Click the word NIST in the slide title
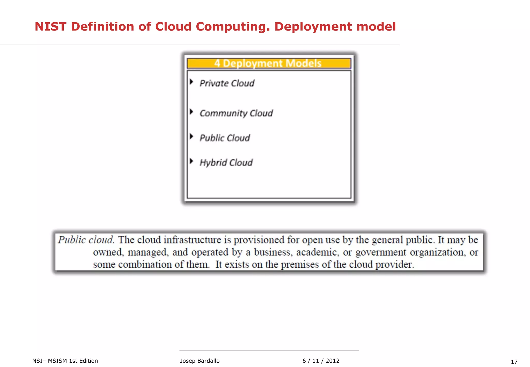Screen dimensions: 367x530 [x=50, y=27]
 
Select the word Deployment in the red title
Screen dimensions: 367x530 [x=313, y=27]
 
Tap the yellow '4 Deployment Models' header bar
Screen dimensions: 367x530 [x=269, y=63]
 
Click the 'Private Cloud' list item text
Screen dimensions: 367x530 [x=227, y=83]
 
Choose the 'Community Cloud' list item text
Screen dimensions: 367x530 [x=236, y=113]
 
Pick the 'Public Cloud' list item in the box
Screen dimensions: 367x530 [x=225, y=138]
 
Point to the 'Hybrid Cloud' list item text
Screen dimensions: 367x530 [x=226, y=163]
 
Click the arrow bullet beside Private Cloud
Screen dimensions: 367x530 [x=192, y=82]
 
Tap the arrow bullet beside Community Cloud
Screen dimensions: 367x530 [x=192, y=112]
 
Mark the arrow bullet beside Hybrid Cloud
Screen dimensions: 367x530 [x=192, y=161]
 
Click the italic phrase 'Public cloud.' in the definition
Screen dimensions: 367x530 [x=86, y=240]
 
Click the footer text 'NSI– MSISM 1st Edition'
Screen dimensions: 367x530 [x=65, y=361]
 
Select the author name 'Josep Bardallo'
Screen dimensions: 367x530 [x=200, y=361]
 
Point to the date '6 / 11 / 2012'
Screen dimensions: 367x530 [x=321, y=361]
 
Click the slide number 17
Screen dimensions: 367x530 [x=514, y=362]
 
